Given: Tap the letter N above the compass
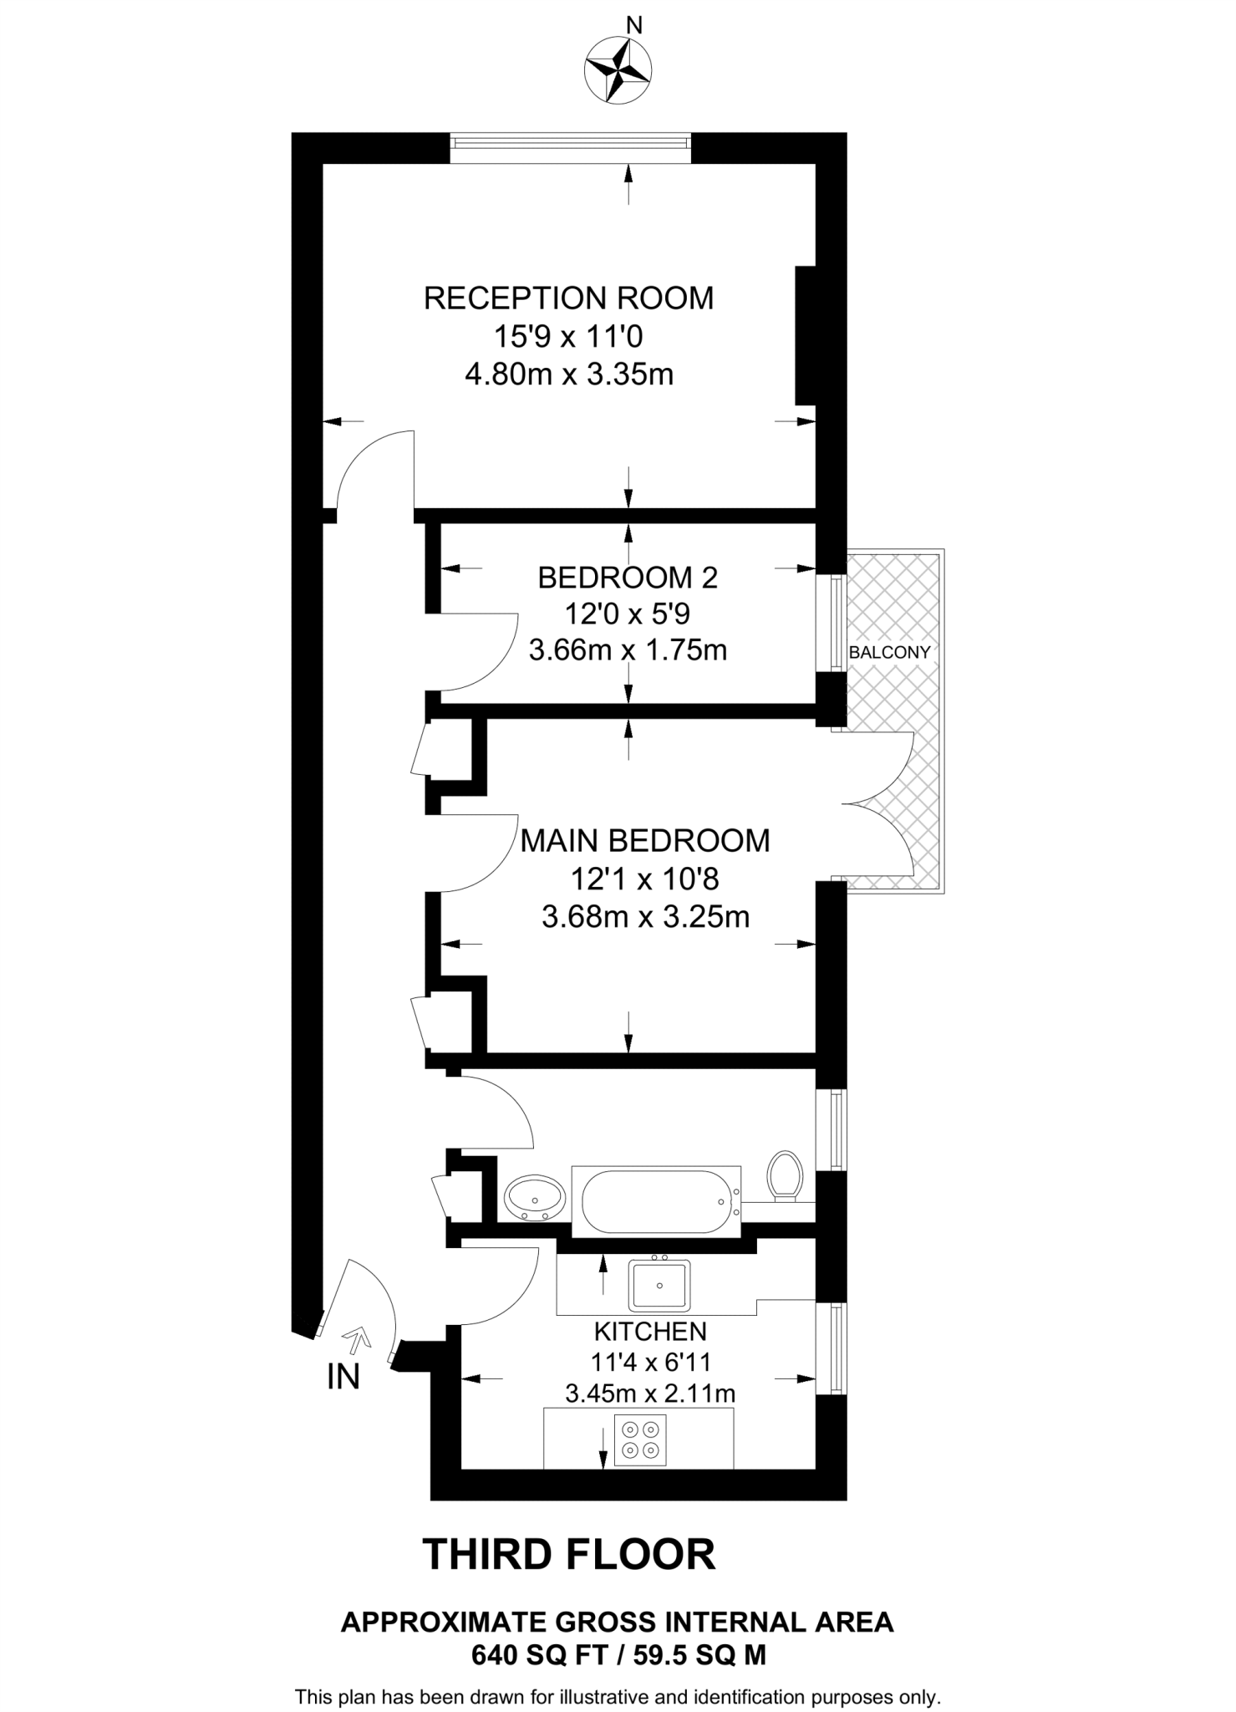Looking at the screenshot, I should [x=634, y=27].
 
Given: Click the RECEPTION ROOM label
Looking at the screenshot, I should [x=568, y=298].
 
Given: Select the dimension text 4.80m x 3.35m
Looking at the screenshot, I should [x=568, y=374].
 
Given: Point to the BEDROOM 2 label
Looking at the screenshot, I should [x=628, y=578].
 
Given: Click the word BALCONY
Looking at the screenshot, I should [x=889, y=653].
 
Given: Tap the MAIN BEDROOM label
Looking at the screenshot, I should [x=644, y=841].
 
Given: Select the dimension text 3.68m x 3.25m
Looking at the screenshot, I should [x=644, y=917].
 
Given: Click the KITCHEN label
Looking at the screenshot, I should [x=650, y=1331].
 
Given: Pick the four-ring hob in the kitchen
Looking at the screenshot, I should [x=640, y=1439].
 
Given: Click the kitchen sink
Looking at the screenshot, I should [x=659, y=1286].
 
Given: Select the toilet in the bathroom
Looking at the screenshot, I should [x=785, y=1175].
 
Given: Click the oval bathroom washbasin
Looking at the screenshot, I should [x=535, y=1198].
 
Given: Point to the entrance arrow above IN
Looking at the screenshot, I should [x=359, y=1342].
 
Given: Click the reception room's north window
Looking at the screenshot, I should [x=570, y=148].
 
